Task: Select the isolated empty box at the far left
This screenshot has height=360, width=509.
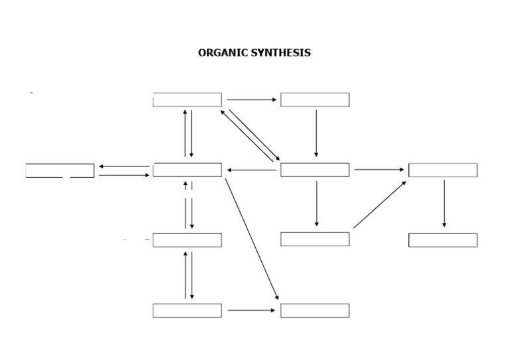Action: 60,170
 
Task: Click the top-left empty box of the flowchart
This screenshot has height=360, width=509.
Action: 188,100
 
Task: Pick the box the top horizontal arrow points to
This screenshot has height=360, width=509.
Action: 315,100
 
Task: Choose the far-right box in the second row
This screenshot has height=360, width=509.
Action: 443,170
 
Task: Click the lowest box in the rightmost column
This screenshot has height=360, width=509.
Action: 443,240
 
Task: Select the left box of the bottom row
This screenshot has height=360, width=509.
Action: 188,310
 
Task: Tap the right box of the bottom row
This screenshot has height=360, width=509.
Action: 315,310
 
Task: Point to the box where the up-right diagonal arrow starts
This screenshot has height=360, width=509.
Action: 315,239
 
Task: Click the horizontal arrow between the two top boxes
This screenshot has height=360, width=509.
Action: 251,100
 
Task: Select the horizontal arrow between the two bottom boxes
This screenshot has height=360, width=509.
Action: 251,310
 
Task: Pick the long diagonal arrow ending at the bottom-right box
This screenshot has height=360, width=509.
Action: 252,239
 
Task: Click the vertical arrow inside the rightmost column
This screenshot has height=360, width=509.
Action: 444,204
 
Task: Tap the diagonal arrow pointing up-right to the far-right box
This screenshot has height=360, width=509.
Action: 380,204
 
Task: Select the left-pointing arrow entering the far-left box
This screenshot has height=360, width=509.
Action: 124,166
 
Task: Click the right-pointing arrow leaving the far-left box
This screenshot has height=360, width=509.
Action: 124,175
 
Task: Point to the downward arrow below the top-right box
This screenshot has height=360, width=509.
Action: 316,133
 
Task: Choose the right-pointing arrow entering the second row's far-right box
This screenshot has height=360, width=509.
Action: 378,170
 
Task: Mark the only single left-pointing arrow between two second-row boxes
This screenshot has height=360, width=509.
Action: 251,170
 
